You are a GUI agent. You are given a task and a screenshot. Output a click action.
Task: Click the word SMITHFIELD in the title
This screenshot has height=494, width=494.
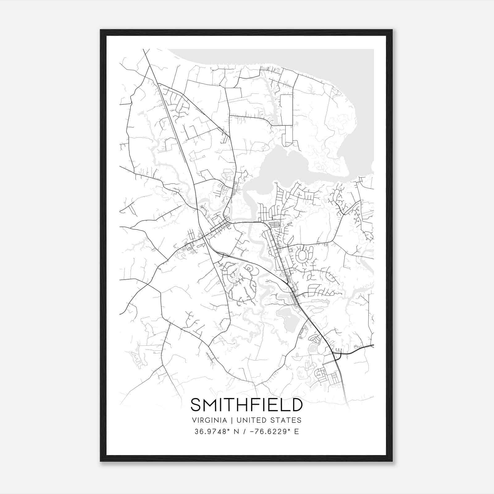[246, 405]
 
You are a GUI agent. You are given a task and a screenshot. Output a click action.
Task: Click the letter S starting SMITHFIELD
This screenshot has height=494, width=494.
[196, 405]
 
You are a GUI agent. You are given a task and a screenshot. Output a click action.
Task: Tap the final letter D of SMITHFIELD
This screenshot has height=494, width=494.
[296, 405]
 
